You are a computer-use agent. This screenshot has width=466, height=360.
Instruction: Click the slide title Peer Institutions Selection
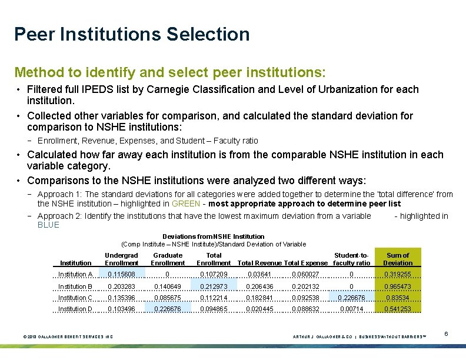point(132,34)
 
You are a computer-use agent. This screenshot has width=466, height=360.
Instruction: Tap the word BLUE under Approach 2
point(48,225)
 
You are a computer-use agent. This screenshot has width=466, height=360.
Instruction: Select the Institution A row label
point(75,274)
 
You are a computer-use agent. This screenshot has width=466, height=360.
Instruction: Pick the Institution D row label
point(75,309)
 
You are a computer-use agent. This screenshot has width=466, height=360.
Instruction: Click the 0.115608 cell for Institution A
point(121,274)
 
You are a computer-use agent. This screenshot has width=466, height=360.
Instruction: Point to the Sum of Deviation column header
point(398,259)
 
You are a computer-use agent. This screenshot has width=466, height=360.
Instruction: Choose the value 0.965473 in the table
point(398,286)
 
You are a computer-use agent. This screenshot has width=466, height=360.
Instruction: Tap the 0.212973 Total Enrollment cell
point(214,286)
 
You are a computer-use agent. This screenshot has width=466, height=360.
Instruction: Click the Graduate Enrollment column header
point(168,259)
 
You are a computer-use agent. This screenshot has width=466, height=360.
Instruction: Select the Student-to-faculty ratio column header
point(351,259)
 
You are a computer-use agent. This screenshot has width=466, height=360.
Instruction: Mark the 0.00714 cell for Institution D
point(351,309)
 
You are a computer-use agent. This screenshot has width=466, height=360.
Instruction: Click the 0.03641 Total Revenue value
point(259,274)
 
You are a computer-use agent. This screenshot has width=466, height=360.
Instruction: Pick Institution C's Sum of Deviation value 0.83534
point(398,298)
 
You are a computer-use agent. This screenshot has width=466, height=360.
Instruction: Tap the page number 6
point(447,334)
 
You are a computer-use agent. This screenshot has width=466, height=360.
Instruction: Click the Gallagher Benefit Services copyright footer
point(67,336)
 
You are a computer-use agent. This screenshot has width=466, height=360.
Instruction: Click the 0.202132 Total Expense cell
point(305,286)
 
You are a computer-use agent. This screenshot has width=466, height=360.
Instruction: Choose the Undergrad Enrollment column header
point(121,259)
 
